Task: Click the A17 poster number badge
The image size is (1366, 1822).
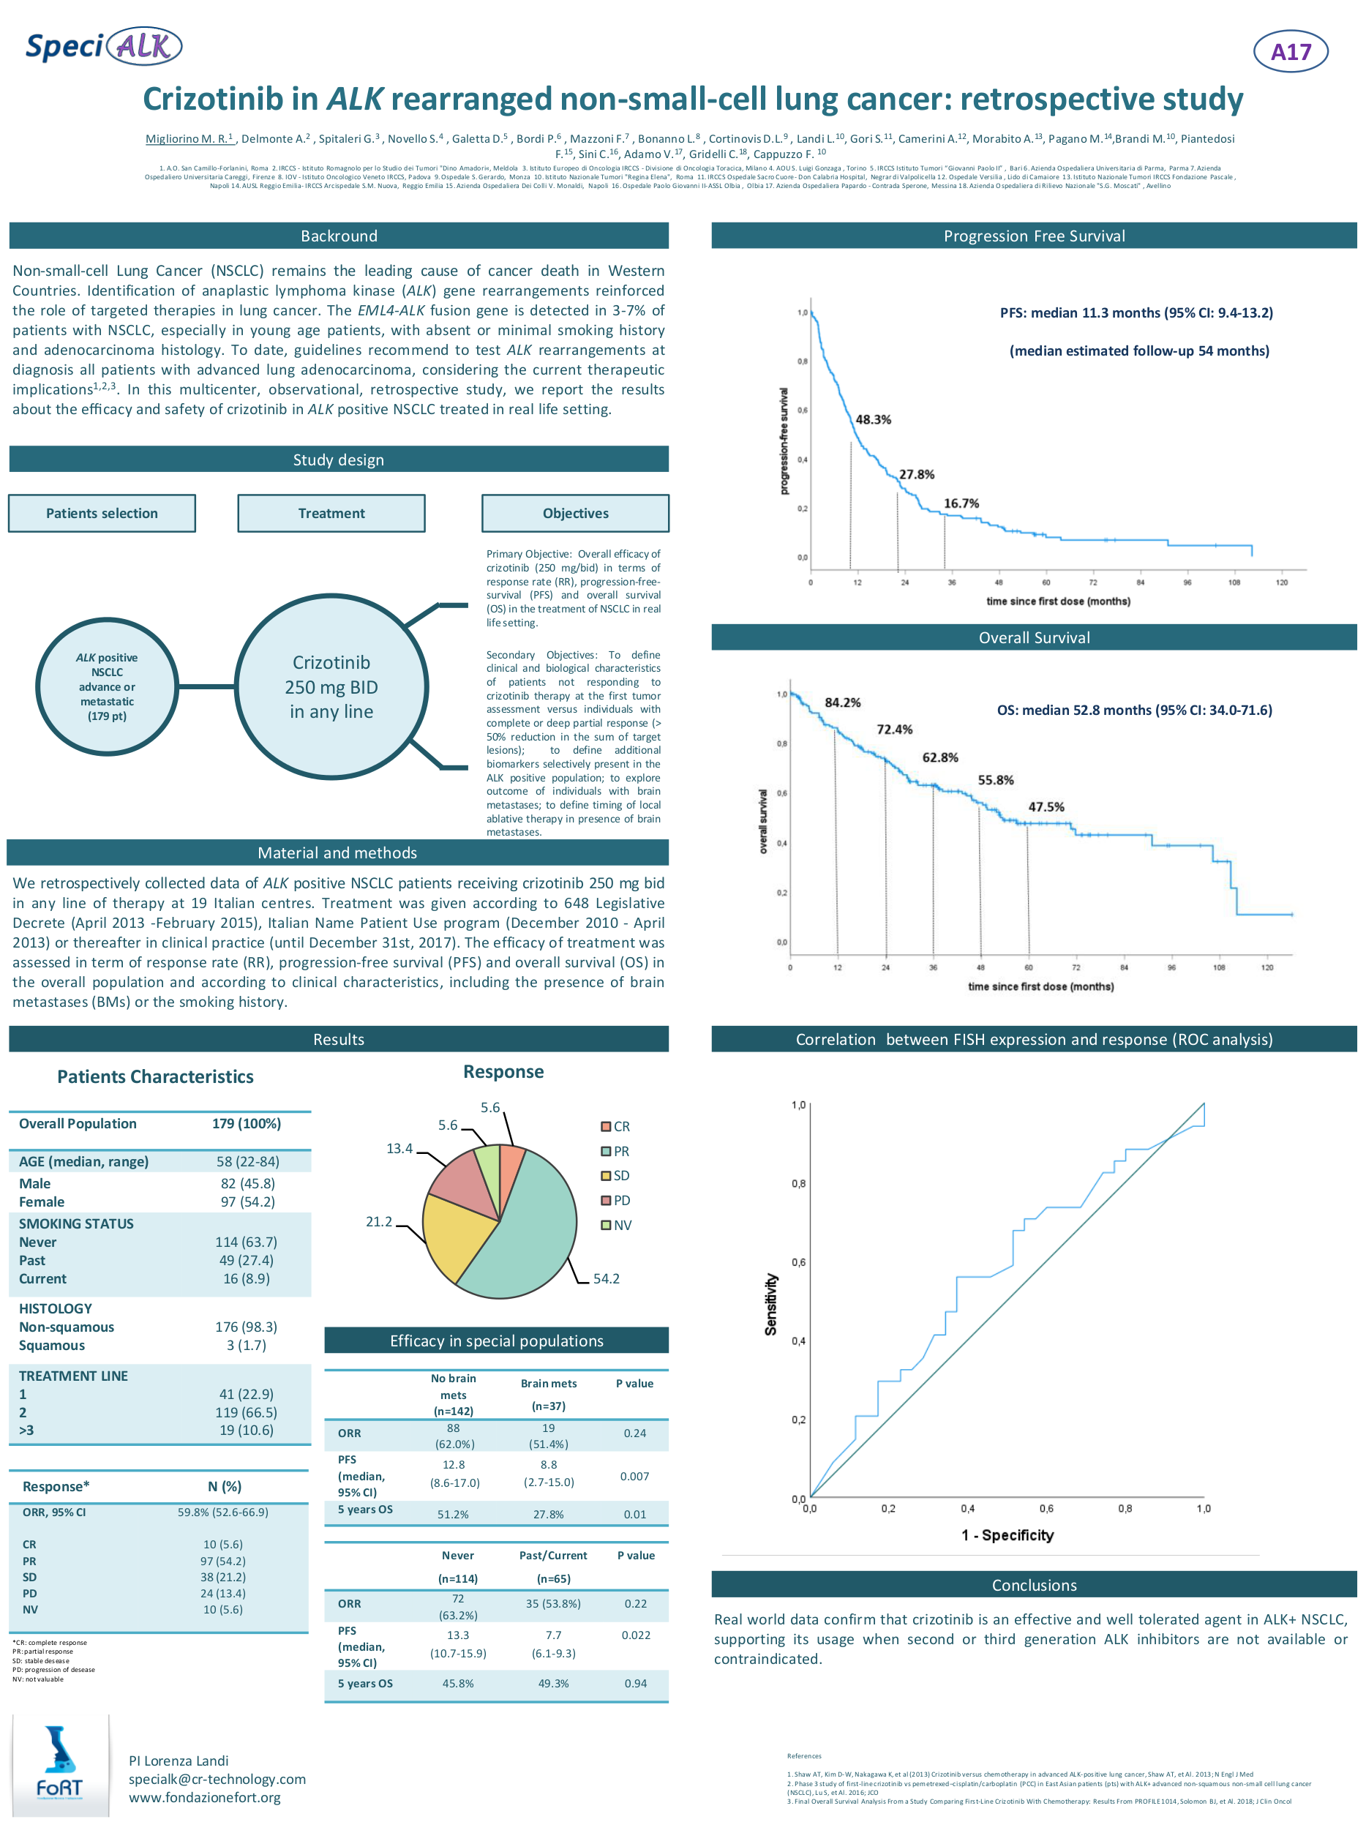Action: (x=1289, y=52)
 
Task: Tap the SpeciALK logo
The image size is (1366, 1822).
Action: (x=104, y=46)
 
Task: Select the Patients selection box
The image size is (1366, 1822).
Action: (x=102, y=513)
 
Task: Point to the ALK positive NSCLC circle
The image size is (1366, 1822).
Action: (x=107, y=686)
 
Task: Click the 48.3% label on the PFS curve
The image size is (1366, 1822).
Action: (x=873, y=419)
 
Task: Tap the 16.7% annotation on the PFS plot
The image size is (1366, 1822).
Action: (x=961, y=503)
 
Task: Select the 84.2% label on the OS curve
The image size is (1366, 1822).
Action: (x=842, y=702)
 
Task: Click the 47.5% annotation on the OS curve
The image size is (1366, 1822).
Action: (x=1046, y=807)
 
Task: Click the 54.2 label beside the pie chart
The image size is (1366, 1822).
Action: (x=606, y=1278)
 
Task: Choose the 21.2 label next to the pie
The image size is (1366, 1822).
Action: (x=379, y=1221)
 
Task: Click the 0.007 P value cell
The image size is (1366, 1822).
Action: (x=634, y=1476)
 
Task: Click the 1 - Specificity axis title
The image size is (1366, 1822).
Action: (x=1007, y=1534)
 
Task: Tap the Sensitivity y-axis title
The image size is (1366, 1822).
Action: (x=770, y=1304)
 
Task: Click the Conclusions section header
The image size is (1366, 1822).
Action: (x=1033, y=1585)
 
